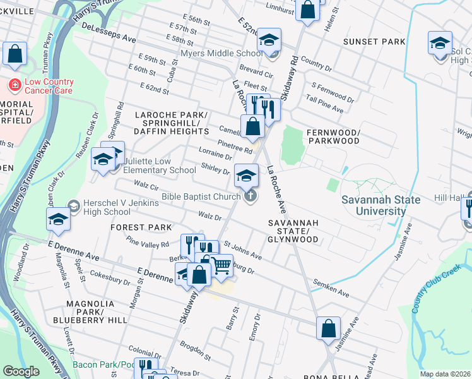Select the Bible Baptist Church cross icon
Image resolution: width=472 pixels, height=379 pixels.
tap(250, 196)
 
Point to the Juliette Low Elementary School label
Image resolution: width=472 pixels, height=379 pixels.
tap(159, 165)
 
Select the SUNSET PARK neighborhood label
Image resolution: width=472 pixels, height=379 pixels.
tap(374, 42)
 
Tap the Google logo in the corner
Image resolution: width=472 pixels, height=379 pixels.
tap(21, 371)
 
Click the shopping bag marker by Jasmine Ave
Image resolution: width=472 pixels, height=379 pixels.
tap(328, 329)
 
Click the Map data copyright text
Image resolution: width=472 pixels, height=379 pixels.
tap(445, 374)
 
